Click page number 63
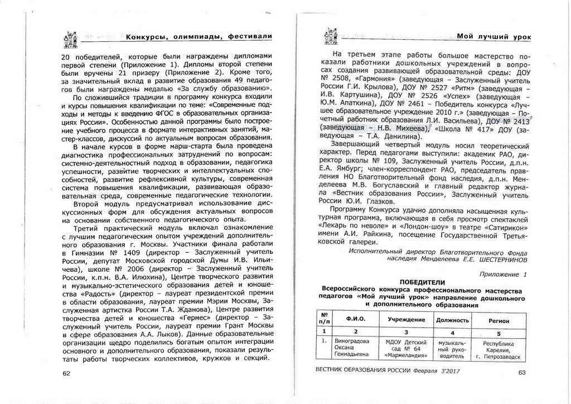tap(522, 373)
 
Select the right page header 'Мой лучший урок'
tap(494, 36)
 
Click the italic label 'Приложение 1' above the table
tap(503, 274)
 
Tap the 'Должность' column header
tap(452, 320)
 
